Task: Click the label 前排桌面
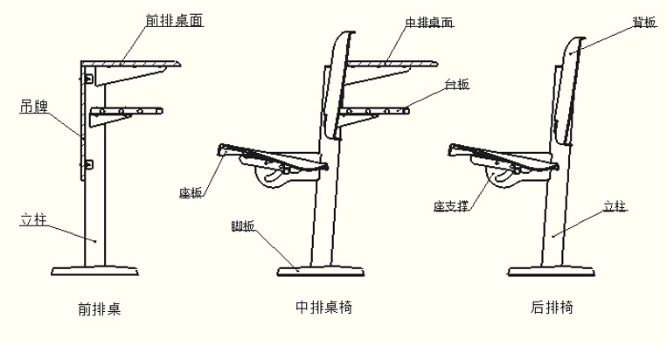point(174,20)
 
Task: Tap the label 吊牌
point(34,107)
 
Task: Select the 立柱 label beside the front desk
point(33,219)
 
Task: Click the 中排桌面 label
point(428,22)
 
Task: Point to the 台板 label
point(457,85)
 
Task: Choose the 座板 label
point(191,193)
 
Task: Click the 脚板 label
point(243,226)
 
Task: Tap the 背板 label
point(644,22)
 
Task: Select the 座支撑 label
point(451,206)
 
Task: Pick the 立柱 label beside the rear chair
point(615,206)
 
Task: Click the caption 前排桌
point(100,308)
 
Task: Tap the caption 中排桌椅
point(324,307)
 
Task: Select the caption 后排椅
point(552,307)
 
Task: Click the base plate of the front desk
point(95,271)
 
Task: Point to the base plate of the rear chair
point(551,272)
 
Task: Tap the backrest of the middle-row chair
point(339,84)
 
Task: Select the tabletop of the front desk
point(131,64)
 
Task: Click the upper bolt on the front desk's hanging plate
point(88,79)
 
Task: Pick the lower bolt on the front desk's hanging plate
point(88,164)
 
